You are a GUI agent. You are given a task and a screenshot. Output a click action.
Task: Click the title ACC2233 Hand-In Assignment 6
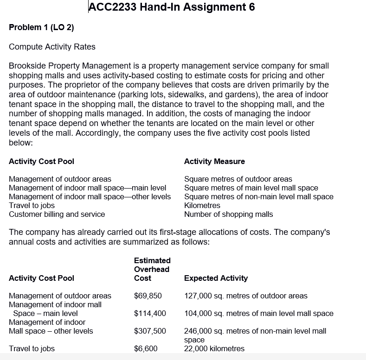(x=171, y=7)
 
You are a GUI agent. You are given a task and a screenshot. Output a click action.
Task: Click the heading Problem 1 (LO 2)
(x=41, y=27)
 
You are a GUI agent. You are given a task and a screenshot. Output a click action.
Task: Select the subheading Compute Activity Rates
(x=52, y=47)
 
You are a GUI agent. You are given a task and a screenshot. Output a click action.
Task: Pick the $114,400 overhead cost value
(x=150, y=313)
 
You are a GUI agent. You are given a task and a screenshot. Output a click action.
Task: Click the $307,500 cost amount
(x=150, y=331)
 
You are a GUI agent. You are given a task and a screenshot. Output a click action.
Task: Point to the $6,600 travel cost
(x=146, y=348)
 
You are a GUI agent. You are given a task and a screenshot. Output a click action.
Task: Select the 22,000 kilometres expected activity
(x=214, y=348)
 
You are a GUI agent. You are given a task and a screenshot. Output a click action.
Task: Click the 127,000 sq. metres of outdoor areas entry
(x=245, y=296)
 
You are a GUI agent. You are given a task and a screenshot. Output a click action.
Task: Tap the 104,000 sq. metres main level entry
(x=258, y=313)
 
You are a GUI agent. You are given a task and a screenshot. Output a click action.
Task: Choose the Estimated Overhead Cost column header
(x=152, y=269)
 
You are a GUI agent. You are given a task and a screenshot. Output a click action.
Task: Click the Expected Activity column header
(x=216, y=278)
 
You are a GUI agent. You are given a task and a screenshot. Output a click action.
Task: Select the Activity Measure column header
(x=214, y=161)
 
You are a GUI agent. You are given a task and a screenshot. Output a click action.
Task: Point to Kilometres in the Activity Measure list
(x=202, y=205)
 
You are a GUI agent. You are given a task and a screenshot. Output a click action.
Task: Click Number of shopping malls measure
(x=228, y=214)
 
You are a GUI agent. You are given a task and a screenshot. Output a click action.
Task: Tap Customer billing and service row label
(x=57, y=214)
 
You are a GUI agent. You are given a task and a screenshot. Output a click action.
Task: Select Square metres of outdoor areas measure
(x=238, y=179)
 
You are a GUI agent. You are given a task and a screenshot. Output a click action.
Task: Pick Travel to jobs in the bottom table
(x=32, y=348)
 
